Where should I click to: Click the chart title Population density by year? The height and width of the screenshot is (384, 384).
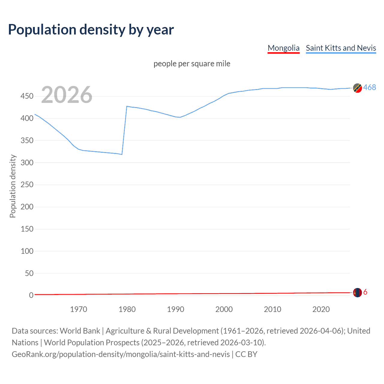tap(91, 30)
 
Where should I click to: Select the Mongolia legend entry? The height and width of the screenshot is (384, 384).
tap(283, 48)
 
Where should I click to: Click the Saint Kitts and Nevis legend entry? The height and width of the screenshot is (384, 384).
tap(341, 48)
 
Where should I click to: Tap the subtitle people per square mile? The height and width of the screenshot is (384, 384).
tap(192, 64)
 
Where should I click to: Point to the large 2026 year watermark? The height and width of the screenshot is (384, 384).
tap(67, 95)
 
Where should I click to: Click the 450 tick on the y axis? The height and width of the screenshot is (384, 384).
tap(27, 96)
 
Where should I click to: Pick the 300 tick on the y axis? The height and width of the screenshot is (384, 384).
tap(27, 163)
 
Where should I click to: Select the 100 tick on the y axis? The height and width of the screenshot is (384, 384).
tap(27, 251)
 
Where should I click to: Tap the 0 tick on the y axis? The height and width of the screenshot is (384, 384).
tap(31, 295)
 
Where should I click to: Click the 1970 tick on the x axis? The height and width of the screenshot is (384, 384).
tap(79, 309)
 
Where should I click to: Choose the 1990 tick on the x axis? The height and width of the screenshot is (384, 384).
tap(175, 309)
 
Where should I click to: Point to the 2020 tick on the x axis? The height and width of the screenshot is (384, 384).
tap(321, 309)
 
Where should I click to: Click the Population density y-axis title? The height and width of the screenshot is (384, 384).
tap(13, 186)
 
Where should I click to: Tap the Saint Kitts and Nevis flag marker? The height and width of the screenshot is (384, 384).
tap(357, 88)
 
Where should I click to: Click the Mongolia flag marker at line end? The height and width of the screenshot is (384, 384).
tap(357, 292)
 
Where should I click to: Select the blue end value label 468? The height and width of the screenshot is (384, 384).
tap(370, 87)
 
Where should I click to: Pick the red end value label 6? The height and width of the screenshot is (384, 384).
tap(365, 292)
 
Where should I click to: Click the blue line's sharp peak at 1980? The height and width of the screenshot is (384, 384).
tap(127, 106)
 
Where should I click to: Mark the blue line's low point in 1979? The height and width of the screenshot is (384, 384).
tap(122, 154)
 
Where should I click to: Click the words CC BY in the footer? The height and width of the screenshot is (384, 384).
tap(246, 354)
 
